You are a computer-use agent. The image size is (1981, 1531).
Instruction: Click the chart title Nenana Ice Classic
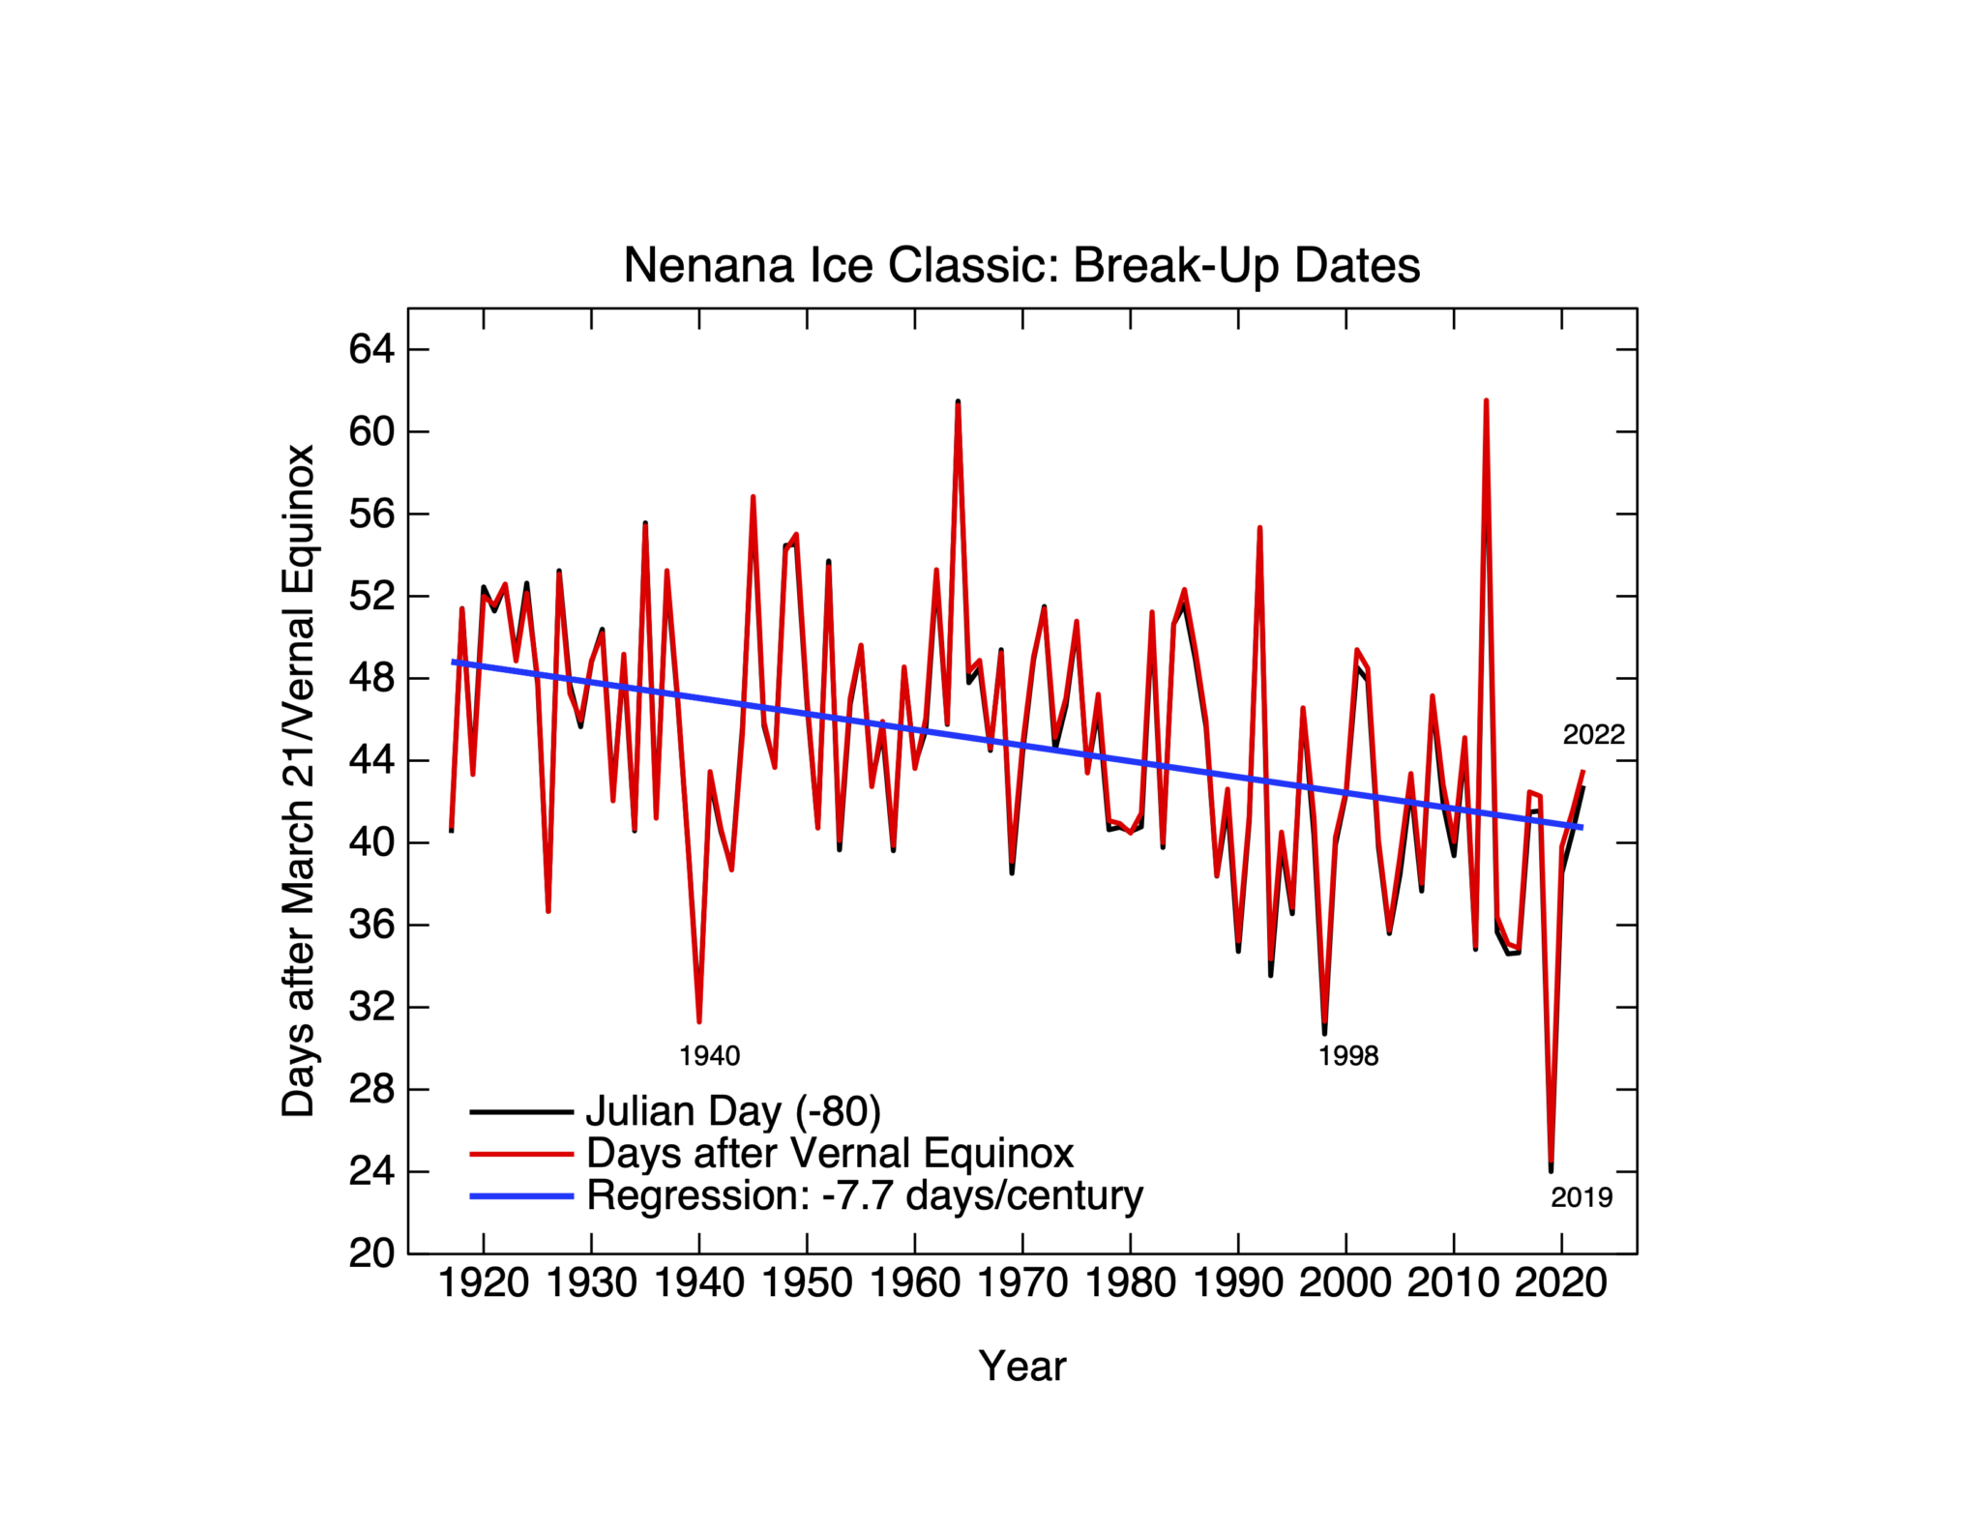coord(1021,265)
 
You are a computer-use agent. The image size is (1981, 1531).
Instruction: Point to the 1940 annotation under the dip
coord(709,1056)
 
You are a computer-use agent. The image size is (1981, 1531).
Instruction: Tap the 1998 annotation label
coord(1347,1056)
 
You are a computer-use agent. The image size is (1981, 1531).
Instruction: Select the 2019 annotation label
coord(1582,1197)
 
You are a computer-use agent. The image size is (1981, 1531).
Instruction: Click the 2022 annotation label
coord(1593,735)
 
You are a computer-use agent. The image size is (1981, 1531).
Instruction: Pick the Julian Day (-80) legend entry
coord(733,1111)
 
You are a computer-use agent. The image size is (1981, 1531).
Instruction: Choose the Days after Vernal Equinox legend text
coord(830,1153)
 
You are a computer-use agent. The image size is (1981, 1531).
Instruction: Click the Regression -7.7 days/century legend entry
coord(865,1195)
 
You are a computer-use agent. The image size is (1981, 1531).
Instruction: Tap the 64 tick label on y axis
coord(372,349)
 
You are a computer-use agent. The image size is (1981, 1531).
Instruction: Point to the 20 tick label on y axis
coord(372,1253)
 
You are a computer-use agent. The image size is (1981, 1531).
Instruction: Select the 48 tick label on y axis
coord(372,678)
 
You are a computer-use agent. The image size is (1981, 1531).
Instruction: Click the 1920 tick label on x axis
coord(484,1283)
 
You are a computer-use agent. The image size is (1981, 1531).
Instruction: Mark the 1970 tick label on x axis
coord(1022,1283)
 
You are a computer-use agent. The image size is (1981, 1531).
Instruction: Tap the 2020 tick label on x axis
coord(1560,1283)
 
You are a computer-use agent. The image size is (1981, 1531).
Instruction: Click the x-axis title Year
coord(1021,1366)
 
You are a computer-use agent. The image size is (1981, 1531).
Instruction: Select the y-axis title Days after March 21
coord(298,780)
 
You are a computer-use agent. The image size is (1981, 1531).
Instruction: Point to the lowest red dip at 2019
coord(1551,1164)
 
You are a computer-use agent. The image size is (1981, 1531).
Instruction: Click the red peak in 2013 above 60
coord(1486,402)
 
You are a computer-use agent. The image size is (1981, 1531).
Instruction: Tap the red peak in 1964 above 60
coord(958,404)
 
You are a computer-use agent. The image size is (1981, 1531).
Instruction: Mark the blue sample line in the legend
coord(522,1196)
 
